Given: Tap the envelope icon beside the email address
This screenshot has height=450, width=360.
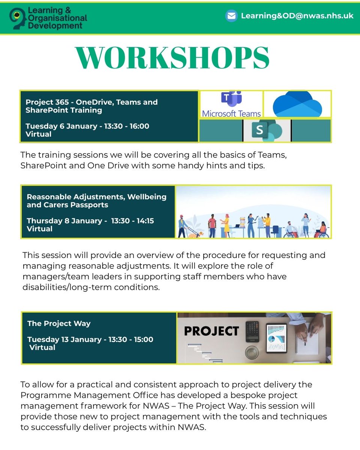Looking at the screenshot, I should pos(231,16).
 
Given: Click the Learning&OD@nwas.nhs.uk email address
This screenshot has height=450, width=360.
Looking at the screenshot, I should pos(297,16).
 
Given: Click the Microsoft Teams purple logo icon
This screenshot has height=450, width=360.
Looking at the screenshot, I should pos(231,99).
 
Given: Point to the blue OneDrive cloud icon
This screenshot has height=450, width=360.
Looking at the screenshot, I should pos(297,104).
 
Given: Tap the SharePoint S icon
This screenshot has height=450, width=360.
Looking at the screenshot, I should pos(264,130).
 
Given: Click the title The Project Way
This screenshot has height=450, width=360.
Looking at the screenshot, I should pos(59,323).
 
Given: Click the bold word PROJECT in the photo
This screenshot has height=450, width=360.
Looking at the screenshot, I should pos(211,331).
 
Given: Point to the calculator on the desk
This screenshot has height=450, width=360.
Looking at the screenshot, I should pos(252,331).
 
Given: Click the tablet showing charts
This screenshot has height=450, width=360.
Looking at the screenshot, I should pos(276,338).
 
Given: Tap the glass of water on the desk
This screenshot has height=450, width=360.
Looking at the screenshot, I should pos(251,352).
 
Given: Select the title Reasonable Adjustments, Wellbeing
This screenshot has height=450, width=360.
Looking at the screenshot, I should pos(96,196).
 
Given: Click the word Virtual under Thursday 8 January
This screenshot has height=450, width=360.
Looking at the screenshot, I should pos(39,229).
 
